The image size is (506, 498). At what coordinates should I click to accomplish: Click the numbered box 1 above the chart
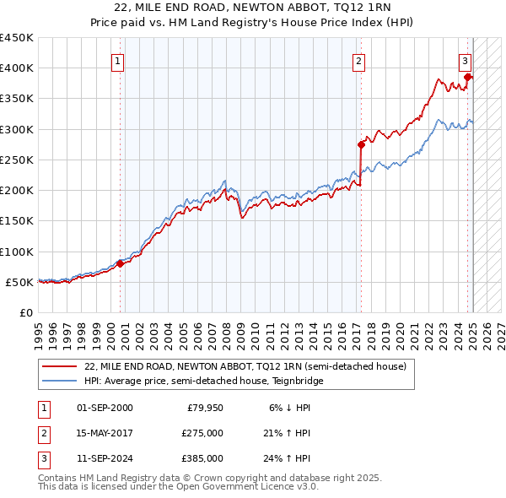pyautogui.click(x=118, y=61)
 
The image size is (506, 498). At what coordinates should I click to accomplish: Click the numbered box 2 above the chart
pyautogui.click(x=359, y=61)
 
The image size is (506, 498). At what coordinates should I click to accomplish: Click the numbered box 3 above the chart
pyautogui.click(x=466, y=61)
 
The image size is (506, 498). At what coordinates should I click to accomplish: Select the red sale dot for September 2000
pyautogui.click(x=120, y=263)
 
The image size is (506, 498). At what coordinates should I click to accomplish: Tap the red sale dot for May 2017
pyautogui.click(x=361, y=144)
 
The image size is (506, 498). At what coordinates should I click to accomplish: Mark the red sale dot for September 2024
pyautogui.click(x=467, y=77)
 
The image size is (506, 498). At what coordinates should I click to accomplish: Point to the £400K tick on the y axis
pyautogui.click(x=17, y=68)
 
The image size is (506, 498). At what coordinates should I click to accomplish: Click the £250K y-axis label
pyautogui.click(x=17, y=160)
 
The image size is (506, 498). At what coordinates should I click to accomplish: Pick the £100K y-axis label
pyautogui.click(x=17, y=252)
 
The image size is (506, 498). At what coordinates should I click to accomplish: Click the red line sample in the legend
pyautogui.click(x=59, y=366)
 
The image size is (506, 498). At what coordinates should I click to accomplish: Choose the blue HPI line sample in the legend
pyautogui.click(x=59, y=381)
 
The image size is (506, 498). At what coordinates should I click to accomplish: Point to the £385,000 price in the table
pyautogui.click(x=202, y=458)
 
